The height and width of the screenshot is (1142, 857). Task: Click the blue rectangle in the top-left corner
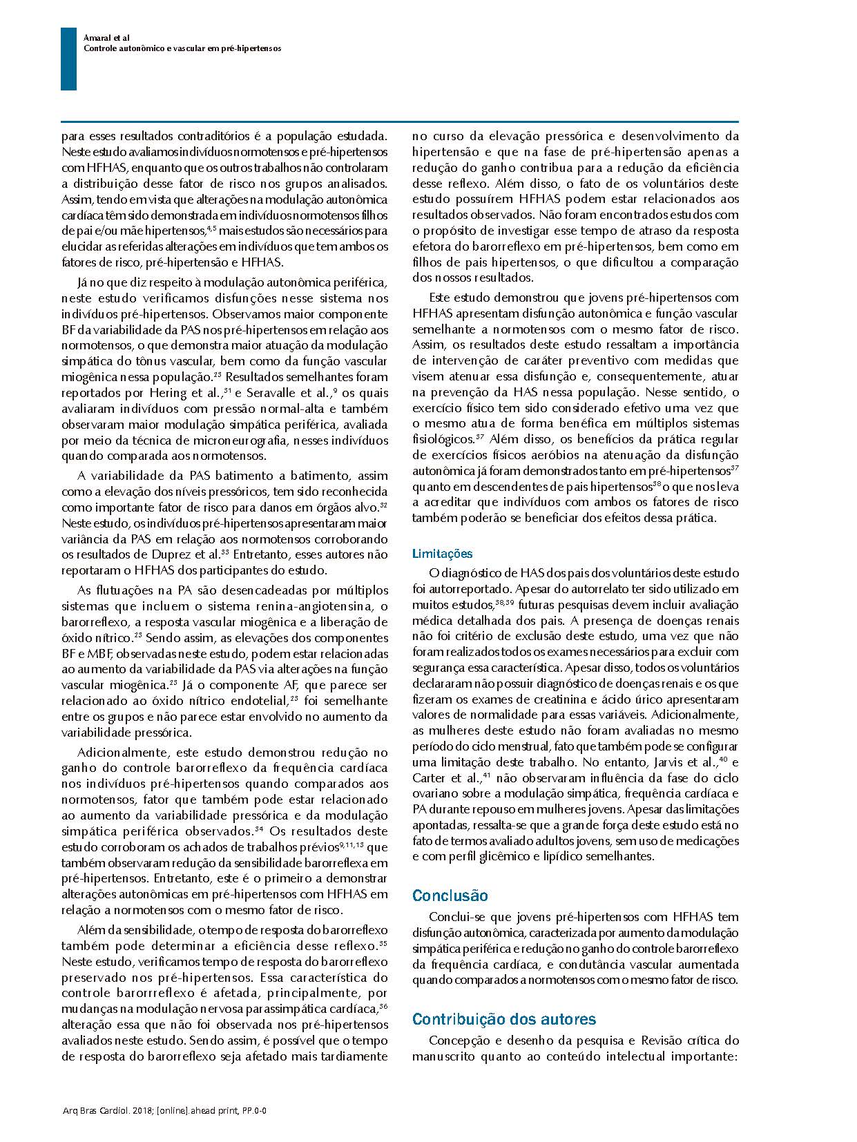pos(68,59)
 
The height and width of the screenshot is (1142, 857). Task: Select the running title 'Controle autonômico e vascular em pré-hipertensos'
pos(182,49)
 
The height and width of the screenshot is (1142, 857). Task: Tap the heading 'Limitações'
pos(442,554)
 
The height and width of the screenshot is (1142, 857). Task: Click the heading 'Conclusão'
pos(450,896)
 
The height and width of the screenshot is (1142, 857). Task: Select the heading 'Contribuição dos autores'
pos(504,1019)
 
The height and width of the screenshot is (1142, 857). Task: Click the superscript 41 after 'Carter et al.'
pos(487,775)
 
